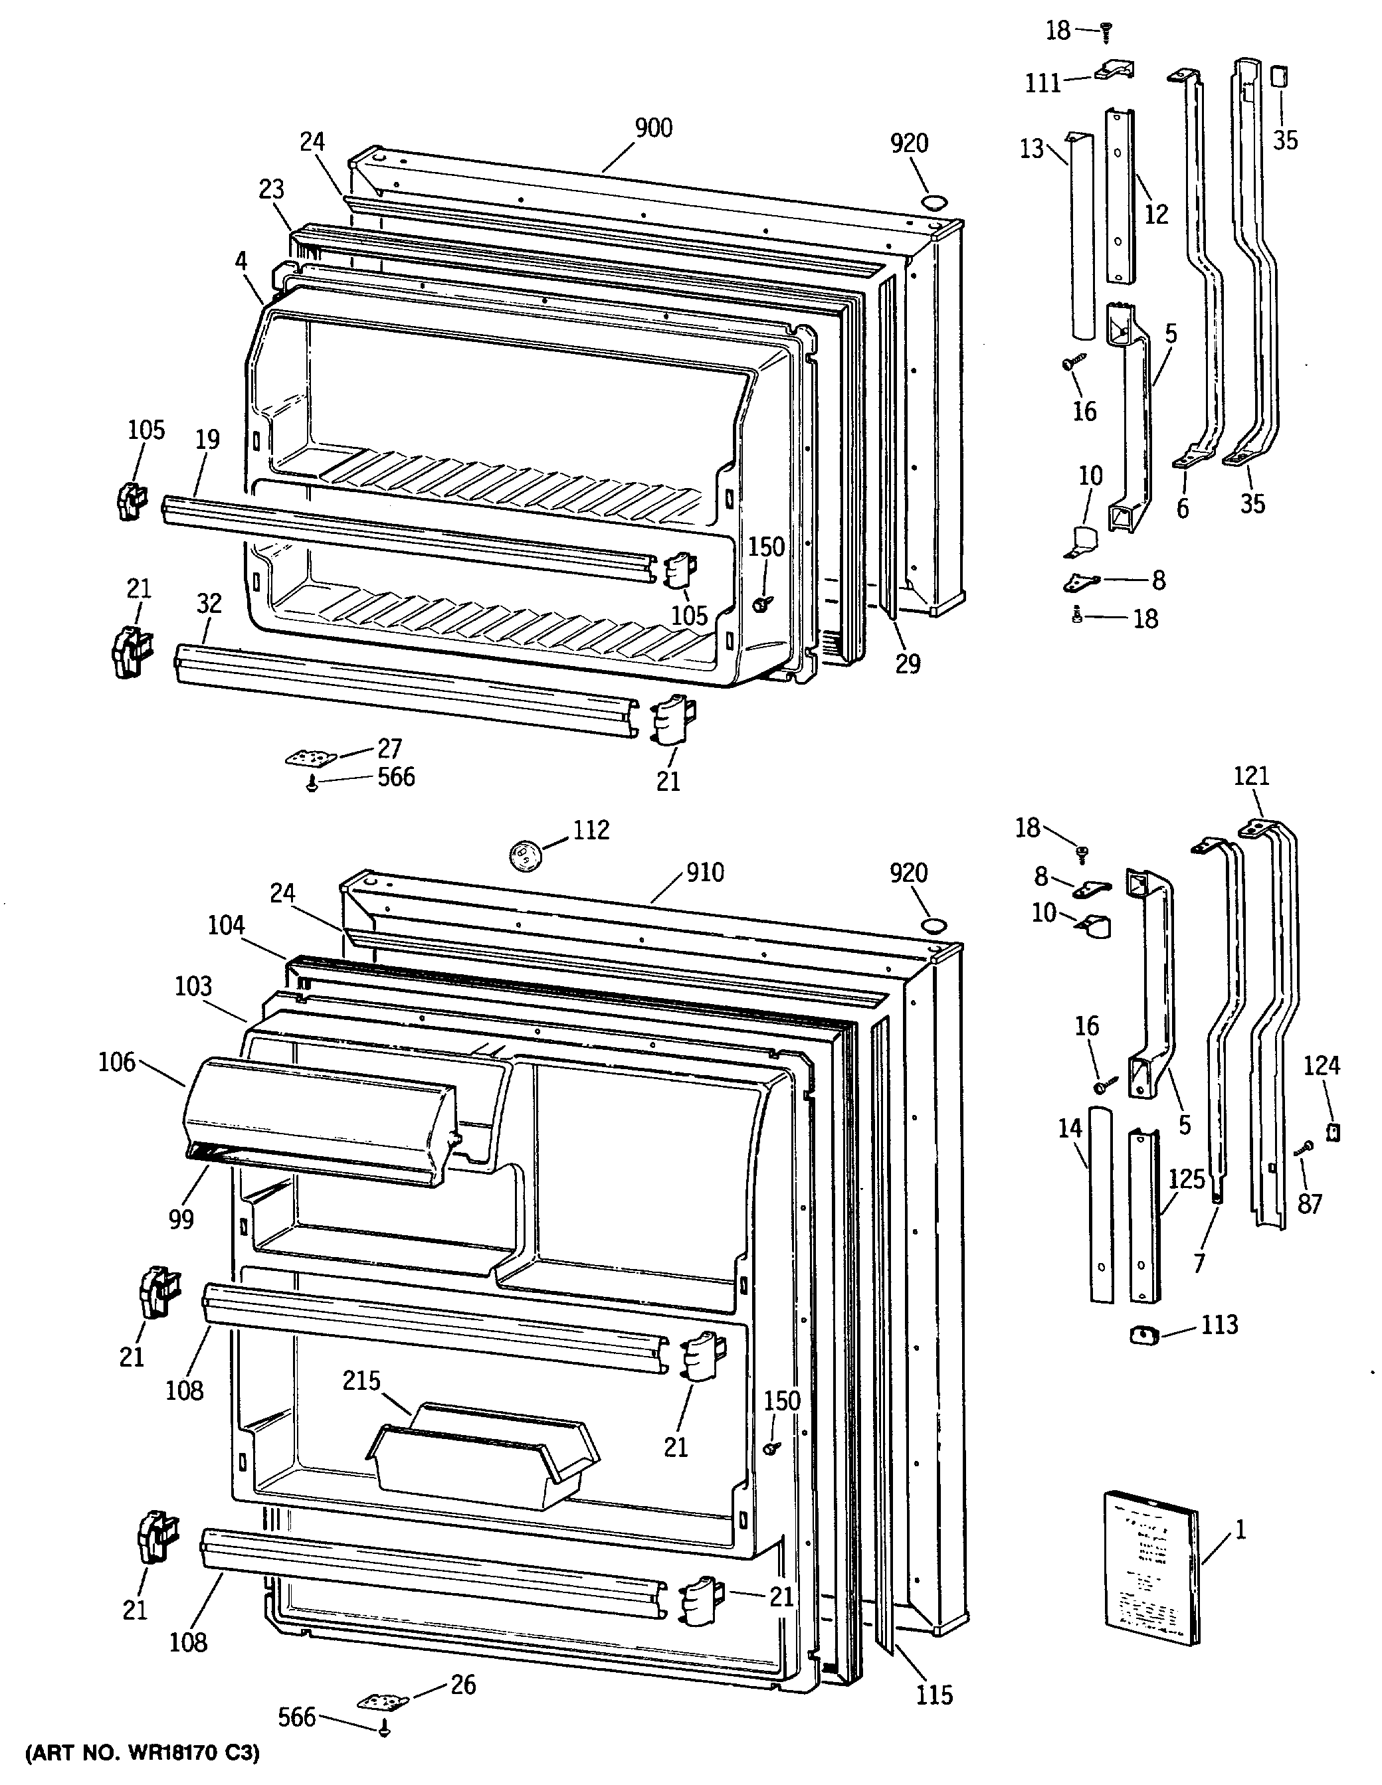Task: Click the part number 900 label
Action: [653, 127]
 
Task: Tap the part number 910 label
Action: [705, 872]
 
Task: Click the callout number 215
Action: [361, 1381]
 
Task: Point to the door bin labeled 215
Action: [482, 1463]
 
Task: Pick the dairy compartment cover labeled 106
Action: [319, 1120]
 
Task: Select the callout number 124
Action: [1322, 1066]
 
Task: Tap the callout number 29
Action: [908, 663]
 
